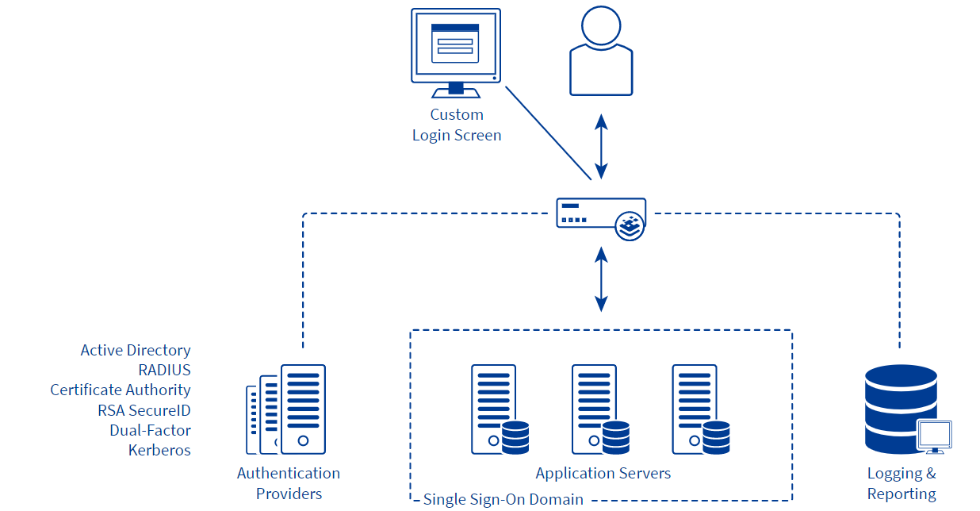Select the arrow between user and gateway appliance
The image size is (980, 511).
click(602, 146)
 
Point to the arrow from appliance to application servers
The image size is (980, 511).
click(602, 279)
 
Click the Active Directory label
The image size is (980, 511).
click(136, 350)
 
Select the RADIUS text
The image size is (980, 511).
click(164, 370)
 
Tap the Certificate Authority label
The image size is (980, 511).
click(121, 390)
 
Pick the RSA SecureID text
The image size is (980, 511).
click(144, 410)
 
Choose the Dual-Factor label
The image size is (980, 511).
click(151, 430)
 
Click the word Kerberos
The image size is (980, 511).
click(159, 450)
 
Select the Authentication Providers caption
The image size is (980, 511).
click(289, 483)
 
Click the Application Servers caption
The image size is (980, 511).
click(603, 474)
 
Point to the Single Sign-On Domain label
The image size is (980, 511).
click(503, 499)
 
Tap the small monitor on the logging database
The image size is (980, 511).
click(934, 436)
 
